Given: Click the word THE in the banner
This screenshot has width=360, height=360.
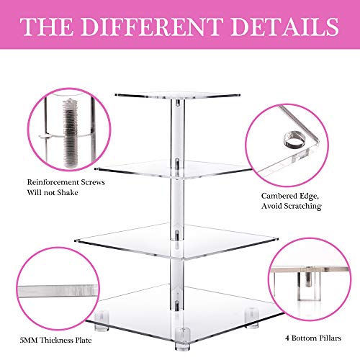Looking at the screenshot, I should tap(48, 27).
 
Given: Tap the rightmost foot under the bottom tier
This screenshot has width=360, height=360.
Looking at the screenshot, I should tap(254, 315).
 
